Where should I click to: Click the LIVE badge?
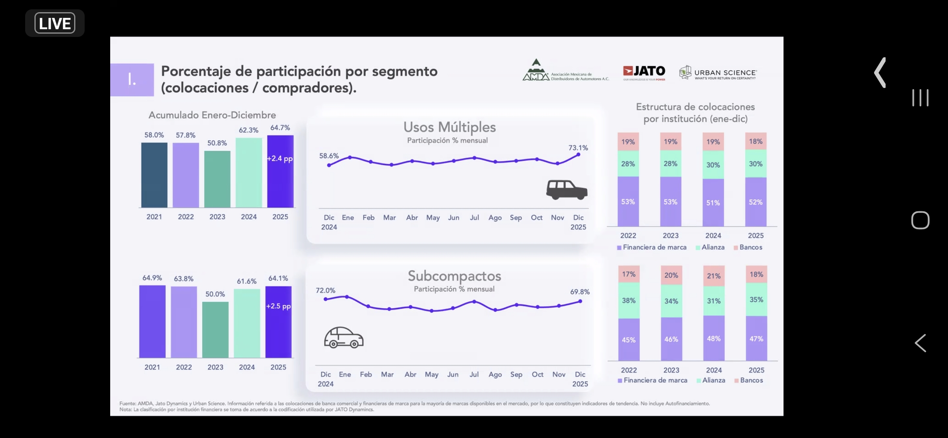click(55, 23)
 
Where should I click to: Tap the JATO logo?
click(644, 72)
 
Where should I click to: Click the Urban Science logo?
click(717, 73)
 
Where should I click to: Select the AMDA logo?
click(565, 71)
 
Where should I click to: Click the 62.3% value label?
click(248, 130)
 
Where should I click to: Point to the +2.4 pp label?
click(280, 159)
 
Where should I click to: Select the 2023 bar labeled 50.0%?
click(215, 329)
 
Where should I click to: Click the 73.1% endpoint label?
click(578, 148)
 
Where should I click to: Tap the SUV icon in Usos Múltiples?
click(566, 190)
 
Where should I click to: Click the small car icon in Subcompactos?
click(344, 337)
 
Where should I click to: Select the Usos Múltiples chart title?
click(449, 127)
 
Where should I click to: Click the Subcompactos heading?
click(454, 276)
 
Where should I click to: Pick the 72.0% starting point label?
click(325, 290)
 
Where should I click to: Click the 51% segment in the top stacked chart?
click(713, 203)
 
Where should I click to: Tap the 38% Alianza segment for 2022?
click(628, 301)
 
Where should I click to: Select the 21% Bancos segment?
click(713, 276)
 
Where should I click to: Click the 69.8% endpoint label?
click(580, 292)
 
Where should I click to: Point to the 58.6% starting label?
click(329, 156)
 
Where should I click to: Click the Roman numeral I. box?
click(132, 79)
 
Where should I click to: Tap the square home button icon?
click(920, 220)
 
